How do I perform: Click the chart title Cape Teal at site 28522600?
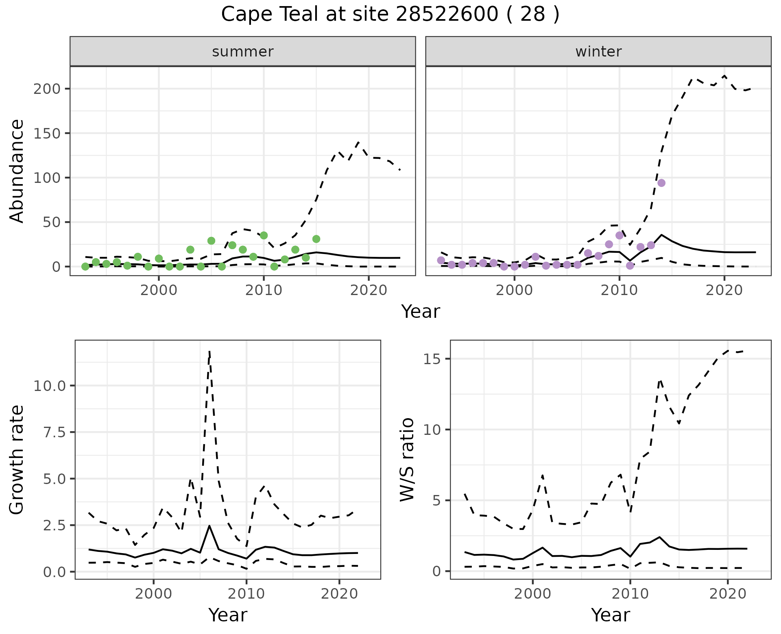(x=390, y=15)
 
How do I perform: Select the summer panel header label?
(x=243, y=52)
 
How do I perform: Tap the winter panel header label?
(x=598, y=52)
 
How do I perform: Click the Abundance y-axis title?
(x=17, y=171)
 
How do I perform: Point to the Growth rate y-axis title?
(x=17, y=459)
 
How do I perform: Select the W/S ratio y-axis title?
(x=407, y=459)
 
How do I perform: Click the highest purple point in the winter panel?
(x=661, y=183)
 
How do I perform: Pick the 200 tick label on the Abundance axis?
(x=47, y=89)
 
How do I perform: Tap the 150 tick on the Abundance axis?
(x=47, y=133)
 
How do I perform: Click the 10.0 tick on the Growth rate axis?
(x=50, y=386)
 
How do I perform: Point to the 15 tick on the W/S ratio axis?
(x=433, y=359)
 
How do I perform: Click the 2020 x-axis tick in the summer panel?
(x=369, y=290)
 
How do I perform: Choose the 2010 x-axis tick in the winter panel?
(x=619, y=290)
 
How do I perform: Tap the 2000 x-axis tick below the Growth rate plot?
(x=153, y=593)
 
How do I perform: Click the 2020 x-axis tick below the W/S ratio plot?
(x=727, y=593)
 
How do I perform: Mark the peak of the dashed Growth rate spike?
(x=209, y=352)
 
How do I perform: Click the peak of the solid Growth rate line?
(x=209, y=526)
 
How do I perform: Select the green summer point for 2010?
(x=264, y=235)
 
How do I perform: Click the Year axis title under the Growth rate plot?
(x=228, y=615)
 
